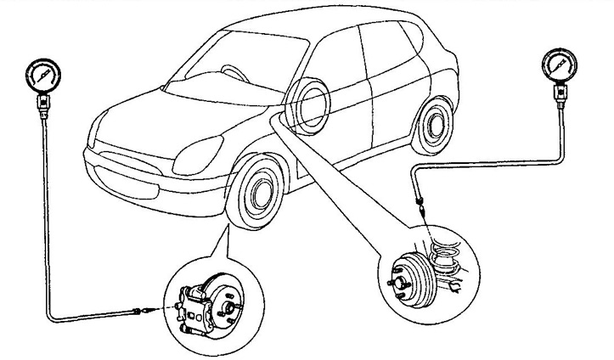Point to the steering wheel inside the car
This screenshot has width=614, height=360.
point(232,72)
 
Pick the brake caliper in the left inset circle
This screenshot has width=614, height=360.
point(198,301)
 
